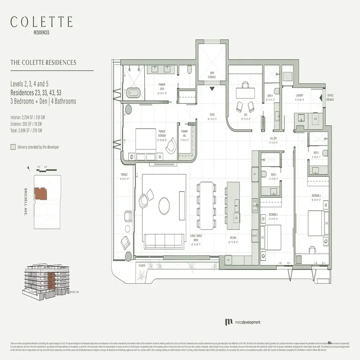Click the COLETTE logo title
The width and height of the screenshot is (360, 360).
tap(41, 22)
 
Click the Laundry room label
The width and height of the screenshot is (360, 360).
tap(299, 96)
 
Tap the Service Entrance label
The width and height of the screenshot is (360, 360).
tap(330, 96)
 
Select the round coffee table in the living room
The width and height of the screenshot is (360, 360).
tap(165, 206)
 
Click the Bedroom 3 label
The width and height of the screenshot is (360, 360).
tap(316, 196)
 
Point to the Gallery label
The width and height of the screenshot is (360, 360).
tap(273, 139)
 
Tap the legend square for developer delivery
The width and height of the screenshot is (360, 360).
tap(13, 147)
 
